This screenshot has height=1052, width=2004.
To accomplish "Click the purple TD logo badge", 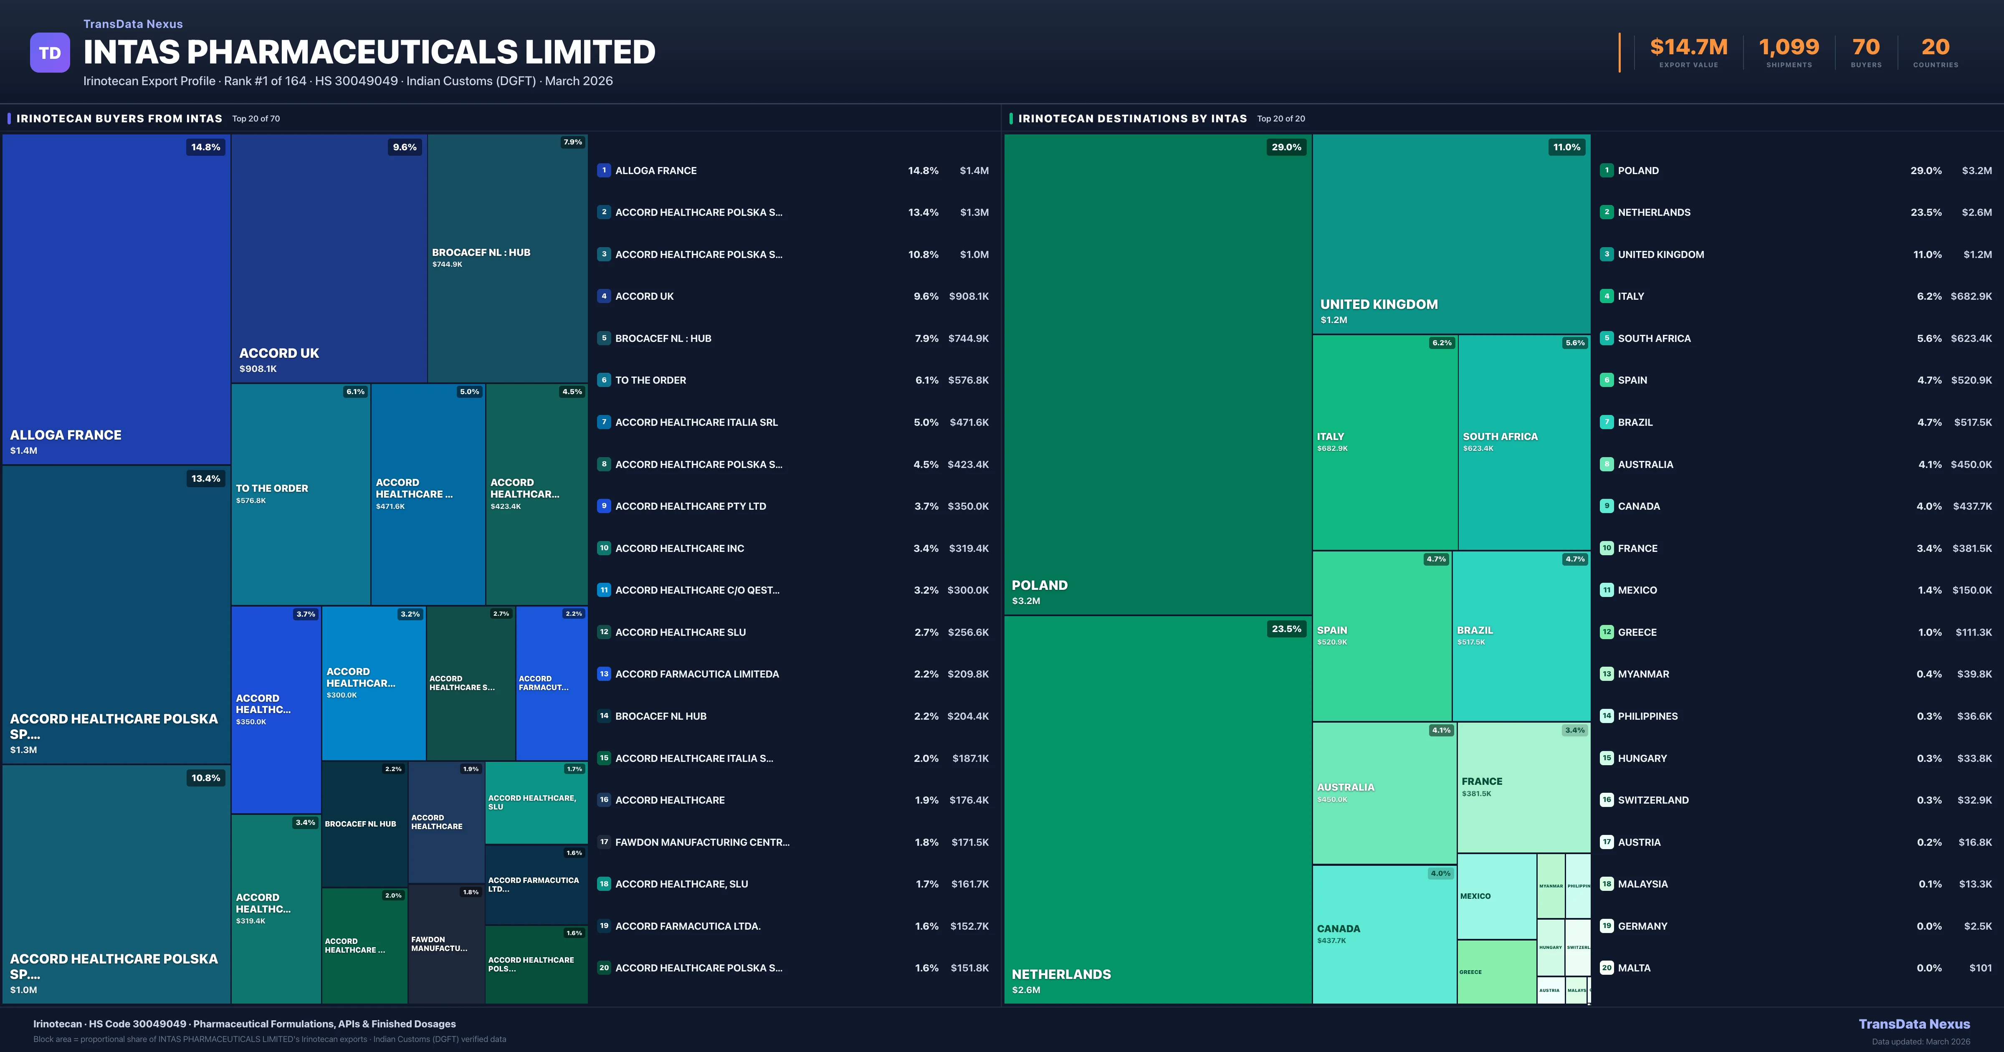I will point(50,53).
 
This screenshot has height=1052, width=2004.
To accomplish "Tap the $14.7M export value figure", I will point(1688,48).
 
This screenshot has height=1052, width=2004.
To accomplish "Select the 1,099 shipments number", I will point(1789,48).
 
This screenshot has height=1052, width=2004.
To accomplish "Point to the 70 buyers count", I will point(1865,48).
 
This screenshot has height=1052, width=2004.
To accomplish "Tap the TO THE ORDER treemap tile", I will point(300,494).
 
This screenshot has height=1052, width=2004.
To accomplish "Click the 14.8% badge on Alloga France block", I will point(205,147).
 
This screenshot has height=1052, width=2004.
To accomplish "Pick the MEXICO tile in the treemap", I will point(1496,896).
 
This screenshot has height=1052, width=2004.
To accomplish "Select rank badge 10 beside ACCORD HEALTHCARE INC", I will point(604,548).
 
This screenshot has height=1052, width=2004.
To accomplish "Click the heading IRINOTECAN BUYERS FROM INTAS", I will point(119,118).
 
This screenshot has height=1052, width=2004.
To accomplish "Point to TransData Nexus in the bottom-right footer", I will point(1914,1024).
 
